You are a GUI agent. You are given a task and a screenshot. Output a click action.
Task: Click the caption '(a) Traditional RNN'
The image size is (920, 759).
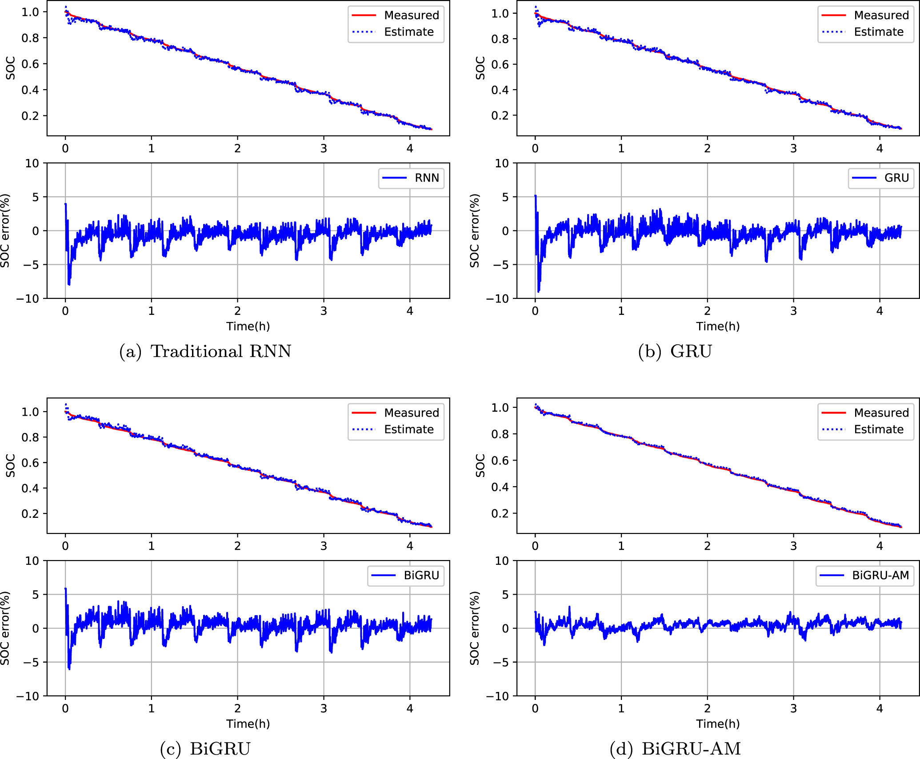tap(205, 351)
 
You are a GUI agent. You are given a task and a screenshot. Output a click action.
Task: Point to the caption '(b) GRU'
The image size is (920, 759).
tap(675, 351)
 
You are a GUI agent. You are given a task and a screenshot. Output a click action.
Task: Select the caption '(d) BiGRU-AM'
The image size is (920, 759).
tap(675, 749)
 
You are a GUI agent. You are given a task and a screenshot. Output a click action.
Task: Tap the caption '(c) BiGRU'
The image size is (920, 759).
tap(205, 749)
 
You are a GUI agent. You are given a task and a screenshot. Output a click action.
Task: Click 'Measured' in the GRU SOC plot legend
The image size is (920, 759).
tap(881, 15)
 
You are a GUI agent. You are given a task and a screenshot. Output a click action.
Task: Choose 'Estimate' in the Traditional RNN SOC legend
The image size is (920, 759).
tap(408, 32)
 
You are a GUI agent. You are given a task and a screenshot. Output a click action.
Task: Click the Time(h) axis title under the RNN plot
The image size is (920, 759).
tap(248, 326)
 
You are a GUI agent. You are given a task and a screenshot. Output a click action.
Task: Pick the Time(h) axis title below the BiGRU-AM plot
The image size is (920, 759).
tap(718, 724)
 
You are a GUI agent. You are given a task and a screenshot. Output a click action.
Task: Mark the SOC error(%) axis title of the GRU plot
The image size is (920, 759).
tap(475, 230)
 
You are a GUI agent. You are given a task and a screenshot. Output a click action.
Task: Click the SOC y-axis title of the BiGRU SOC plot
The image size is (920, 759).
tap(10, 465)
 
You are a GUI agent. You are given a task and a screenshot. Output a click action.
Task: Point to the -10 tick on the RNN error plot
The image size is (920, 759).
tap(28, 298)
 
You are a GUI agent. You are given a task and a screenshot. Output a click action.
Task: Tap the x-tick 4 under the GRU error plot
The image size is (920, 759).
tap(880, 311)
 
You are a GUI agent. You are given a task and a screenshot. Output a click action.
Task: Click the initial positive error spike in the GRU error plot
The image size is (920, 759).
tap(536, 196)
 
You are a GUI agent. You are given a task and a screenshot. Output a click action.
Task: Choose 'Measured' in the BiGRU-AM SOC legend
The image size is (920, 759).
tap(881, 413)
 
